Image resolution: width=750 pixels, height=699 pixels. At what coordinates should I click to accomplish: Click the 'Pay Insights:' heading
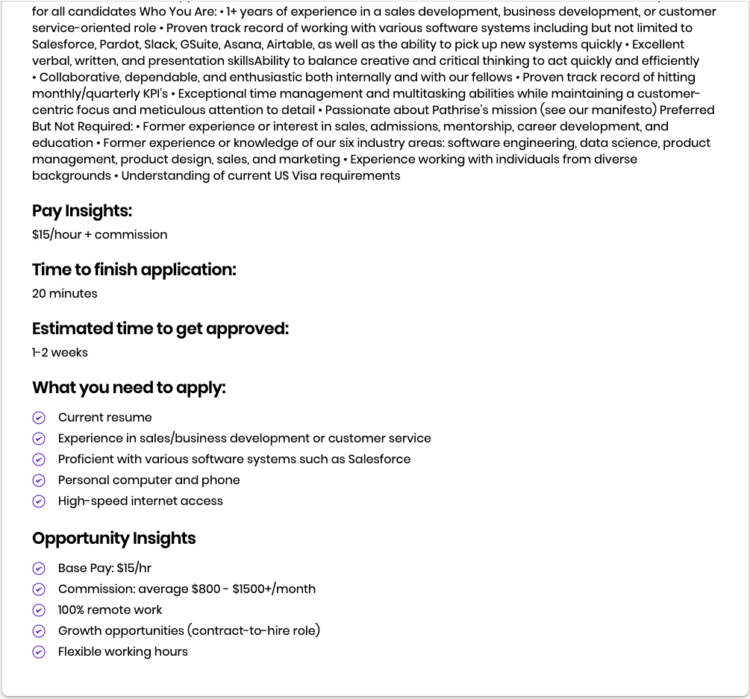tap(82, 211)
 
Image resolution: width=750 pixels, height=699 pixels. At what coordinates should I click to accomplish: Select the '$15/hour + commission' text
tap(99, 234)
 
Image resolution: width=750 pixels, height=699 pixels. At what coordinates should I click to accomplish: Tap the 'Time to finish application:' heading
tap(134, 270)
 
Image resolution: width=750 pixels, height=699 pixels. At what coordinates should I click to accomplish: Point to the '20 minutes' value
tap(64, 293)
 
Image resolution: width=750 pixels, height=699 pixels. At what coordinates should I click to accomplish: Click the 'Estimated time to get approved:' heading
tap(160, 329)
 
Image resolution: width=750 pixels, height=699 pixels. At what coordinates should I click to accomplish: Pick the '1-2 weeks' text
tap(60, 352)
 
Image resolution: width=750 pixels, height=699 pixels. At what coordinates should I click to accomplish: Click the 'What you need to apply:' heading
tap(128, 388)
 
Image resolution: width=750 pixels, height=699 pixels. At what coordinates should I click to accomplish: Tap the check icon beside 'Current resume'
tap(40, 418)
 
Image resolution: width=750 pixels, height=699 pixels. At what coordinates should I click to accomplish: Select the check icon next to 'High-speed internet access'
tap(40, 501)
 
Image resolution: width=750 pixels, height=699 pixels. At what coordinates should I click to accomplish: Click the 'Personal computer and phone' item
tap(149, 480)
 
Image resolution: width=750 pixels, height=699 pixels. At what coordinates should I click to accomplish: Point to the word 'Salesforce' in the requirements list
tap(379, 459)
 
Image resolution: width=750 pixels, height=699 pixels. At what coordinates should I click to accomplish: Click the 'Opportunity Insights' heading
tap(113, 539)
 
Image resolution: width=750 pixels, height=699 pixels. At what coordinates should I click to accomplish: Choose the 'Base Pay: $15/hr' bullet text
tap(104, 568)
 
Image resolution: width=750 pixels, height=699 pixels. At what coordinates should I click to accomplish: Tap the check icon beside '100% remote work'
tap(40, 610)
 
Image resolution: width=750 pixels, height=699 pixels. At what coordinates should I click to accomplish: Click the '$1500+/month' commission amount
tap(274, 589)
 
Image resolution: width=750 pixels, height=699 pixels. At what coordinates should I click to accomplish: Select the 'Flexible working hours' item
tap(122, 651)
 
